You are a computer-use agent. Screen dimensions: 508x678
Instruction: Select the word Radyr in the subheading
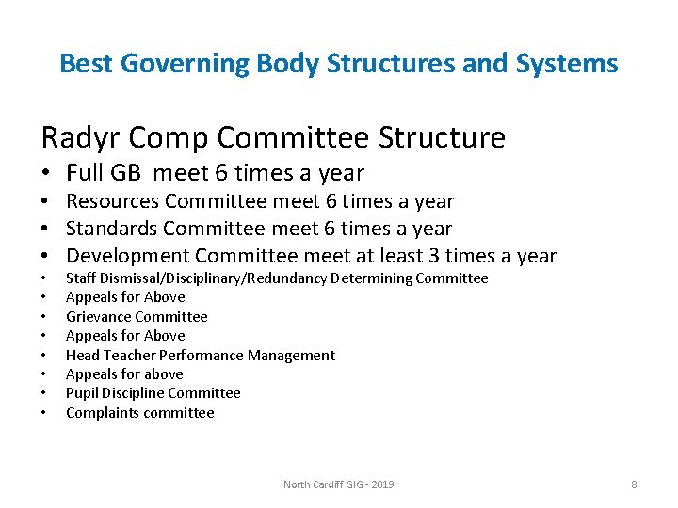73,138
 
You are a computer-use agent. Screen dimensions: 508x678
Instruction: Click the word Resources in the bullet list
113,202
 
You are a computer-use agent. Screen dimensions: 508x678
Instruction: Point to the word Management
296,356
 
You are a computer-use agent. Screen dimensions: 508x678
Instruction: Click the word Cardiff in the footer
332,484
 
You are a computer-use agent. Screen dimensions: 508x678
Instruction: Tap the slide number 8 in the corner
634,484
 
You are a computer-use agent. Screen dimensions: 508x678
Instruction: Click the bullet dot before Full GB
45,174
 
